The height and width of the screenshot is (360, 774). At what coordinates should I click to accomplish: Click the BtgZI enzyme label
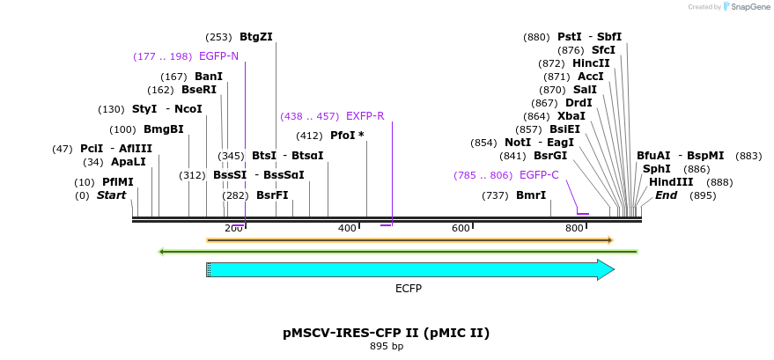tap(255, 37)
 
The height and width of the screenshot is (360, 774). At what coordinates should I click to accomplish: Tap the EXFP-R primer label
tap(365, 116)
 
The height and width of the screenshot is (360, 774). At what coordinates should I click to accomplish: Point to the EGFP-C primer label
tap(539, 175)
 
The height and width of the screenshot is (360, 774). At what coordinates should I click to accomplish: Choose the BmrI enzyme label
tap(531, 195)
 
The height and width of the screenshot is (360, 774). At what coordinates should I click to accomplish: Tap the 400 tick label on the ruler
tap(347, 229)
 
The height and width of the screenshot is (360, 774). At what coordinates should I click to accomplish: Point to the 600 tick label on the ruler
tap(461, 229)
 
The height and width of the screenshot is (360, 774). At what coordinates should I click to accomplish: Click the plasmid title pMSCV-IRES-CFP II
tap(386, 333)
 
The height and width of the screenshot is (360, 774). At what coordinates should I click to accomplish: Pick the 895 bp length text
tap(386, 347)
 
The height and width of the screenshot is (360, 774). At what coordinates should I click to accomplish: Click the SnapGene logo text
tap(746, 7)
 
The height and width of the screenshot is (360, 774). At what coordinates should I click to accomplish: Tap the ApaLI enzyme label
tap(128, 162)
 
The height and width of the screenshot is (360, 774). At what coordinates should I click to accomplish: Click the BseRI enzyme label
tap(198, 90)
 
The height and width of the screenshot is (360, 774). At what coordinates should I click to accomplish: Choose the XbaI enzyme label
tap(571, 116)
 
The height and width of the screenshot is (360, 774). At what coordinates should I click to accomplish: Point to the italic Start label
tap(111, 195)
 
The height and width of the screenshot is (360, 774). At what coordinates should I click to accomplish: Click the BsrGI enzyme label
tap(549, 156)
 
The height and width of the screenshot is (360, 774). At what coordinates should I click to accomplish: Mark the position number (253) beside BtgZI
tap(218, 37)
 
